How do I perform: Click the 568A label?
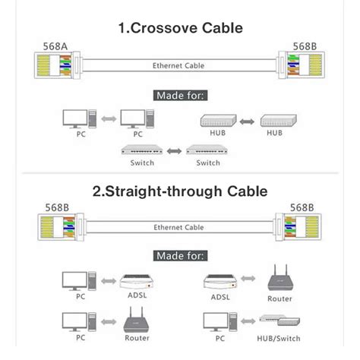[x=55, y=47]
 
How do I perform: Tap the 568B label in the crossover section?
[x=304, y=47]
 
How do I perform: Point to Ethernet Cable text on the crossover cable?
[x=179, y=65]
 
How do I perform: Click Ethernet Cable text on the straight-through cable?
[x=179, y=226]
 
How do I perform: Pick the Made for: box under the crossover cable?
[x=180, y=95]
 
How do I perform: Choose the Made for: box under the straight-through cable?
[x=180, y=256]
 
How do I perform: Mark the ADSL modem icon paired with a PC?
[x=137, y=283]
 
